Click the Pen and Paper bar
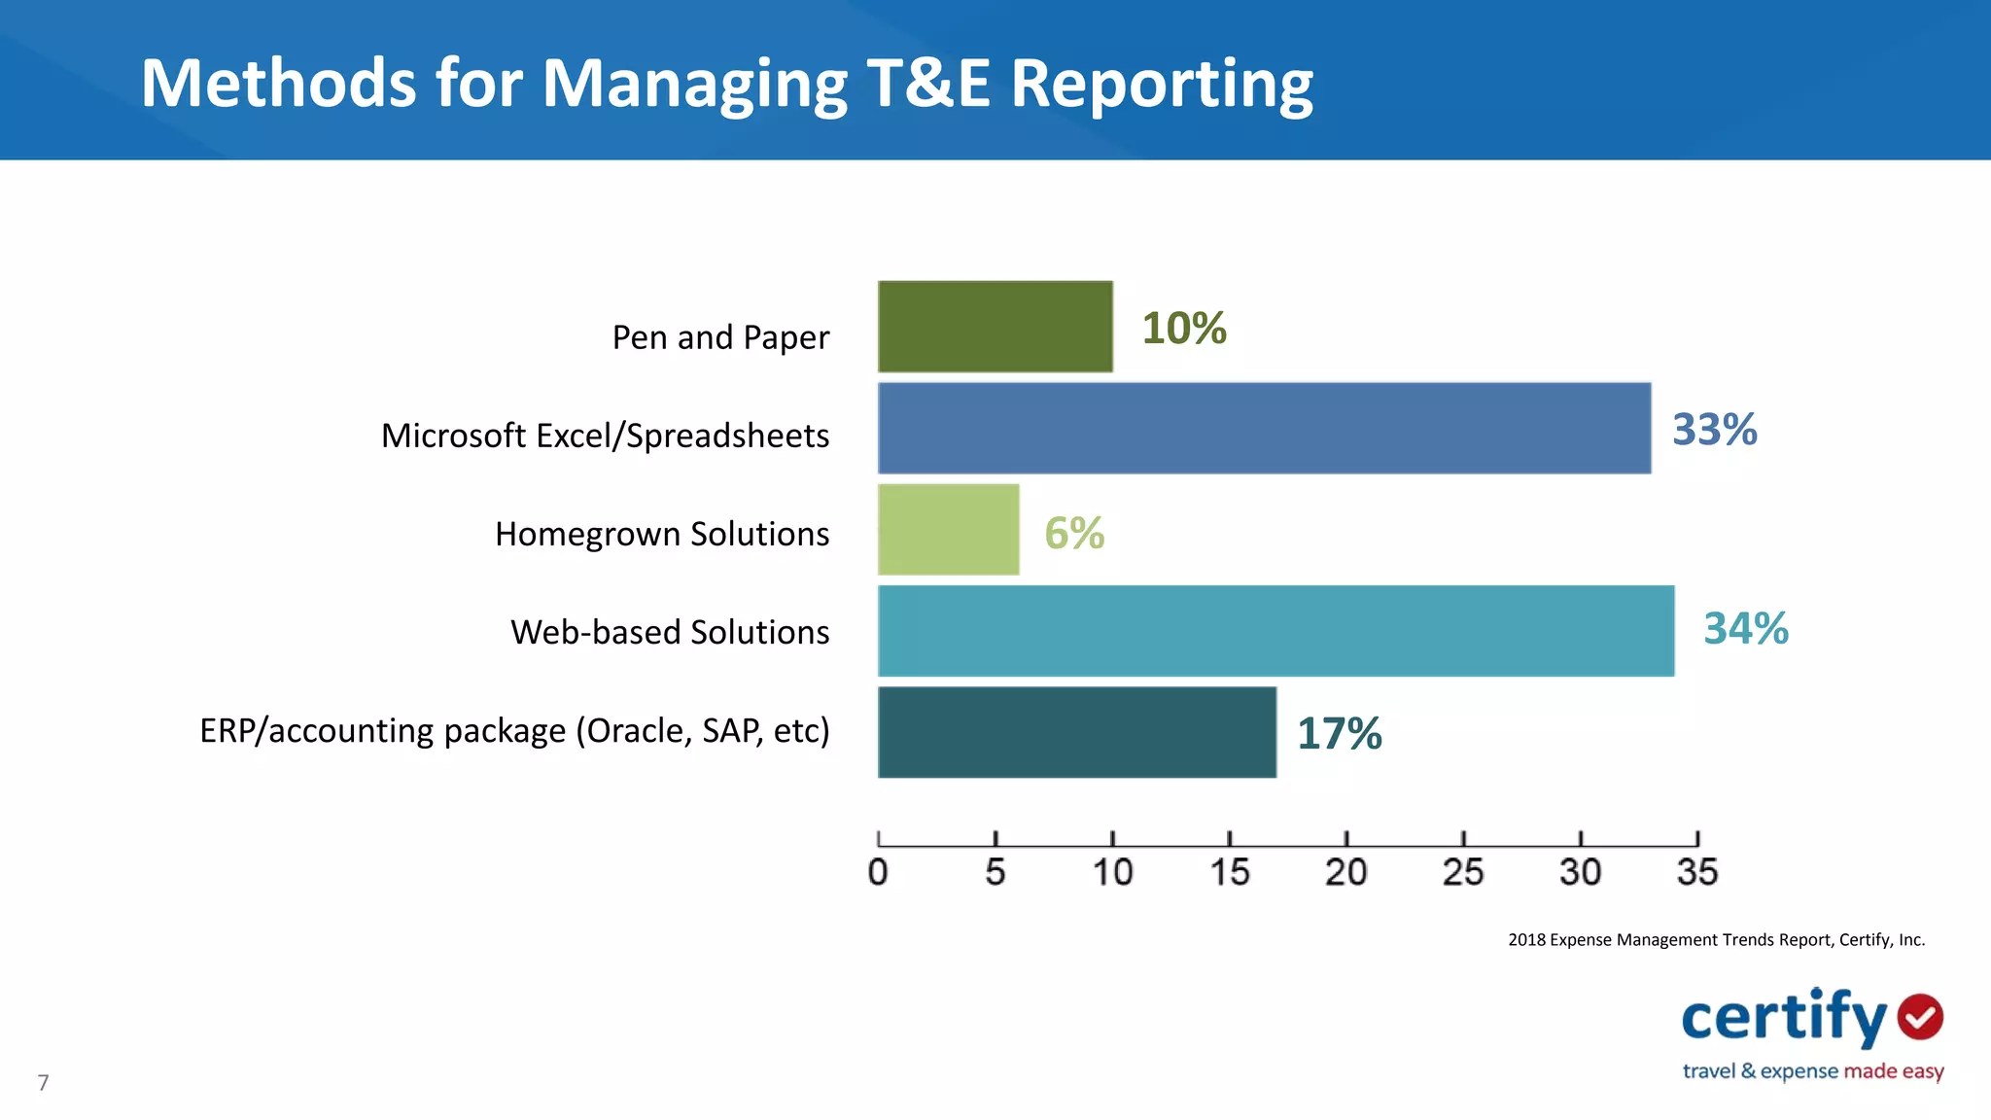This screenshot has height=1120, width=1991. pos(995,327)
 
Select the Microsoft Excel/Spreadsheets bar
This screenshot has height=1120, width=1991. pos(1264,428)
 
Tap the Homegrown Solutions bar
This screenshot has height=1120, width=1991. pos(948,530)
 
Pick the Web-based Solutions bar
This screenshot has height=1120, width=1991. pos(1275,631)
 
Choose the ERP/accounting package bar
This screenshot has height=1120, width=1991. pos(1076,732)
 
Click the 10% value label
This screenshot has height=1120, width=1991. pos(1183,329)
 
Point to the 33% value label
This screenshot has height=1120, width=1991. pos(1714,430)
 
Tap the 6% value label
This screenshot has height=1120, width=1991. pos(1073,533)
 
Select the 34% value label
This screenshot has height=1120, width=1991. pos(1745,628)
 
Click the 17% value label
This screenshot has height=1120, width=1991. pos(1339,734)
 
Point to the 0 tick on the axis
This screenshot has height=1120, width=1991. pos(878,871)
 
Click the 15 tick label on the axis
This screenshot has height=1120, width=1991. pos(1229,871)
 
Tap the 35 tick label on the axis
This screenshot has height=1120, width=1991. pos(1696,871)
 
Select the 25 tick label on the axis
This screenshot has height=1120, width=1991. pos(1462,871)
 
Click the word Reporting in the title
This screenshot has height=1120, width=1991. pos(1161,85)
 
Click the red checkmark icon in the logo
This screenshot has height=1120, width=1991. pos(1920,1017)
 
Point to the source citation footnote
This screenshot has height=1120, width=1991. pos(1716,939)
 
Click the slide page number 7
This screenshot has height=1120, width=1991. pos(43,1082)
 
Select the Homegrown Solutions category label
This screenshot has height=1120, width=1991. pos(661,534)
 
